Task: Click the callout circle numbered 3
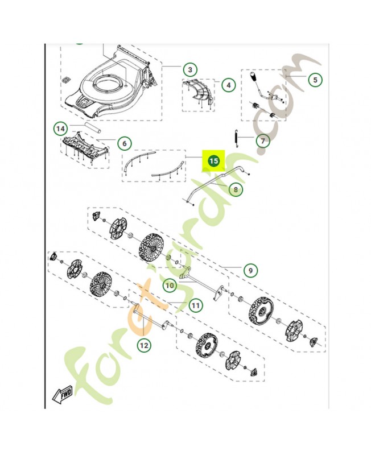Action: point(190,70)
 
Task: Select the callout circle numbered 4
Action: point(228,85)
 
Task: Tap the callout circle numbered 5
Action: point(315,80)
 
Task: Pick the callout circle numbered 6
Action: point(125,143)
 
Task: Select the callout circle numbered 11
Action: point(196,305)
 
